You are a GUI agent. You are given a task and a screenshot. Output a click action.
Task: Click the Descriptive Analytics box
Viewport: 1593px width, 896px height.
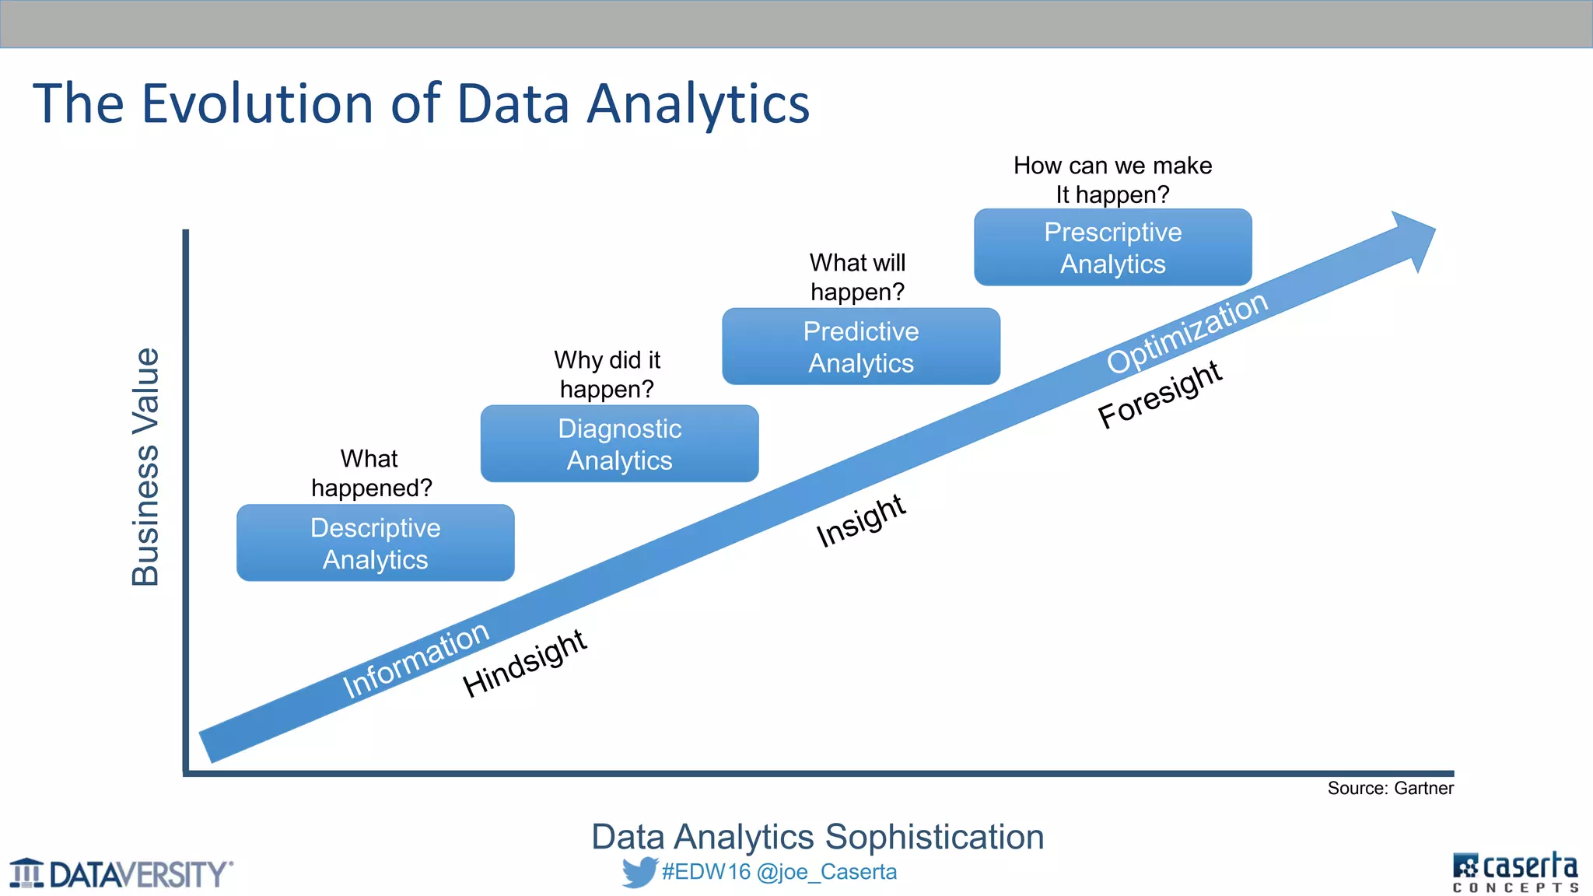375,543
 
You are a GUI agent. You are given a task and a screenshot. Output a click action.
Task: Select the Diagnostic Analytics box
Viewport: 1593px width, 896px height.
619,443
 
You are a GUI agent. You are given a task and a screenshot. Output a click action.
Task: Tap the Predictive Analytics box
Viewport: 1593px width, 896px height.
860,346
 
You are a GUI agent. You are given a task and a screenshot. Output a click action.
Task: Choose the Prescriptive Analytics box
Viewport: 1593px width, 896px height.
1112,247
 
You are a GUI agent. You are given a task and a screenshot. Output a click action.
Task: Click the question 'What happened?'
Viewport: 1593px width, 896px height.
371,473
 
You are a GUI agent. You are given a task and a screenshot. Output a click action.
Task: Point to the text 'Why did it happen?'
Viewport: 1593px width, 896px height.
607,374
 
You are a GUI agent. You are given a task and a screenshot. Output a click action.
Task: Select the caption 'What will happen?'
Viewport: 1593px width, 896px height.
857,277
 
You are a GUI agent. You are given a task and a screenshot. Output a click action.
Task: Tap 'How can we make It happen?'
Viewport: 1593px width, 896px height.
1112,180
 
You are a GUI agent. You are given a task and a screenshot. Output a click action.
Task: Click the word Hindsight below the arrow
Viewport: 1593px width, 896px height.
524,663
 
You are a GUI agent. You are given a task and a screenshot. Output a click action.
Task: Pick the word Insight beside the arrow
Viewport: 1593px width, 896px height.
860,520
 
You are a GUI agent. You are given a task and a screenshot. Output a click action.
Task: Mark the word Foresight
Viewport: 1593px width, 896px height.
1160,394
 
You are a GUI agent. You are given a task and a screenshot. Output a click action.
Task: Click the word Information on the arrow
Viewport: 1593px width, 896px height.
416,660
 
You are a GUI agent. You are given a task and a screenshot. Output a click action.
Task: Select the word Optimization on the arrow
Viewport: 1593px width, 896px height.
1187,333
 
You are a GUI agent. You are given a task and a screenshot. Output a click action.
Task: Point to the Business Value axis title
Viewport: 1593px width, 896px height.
145,467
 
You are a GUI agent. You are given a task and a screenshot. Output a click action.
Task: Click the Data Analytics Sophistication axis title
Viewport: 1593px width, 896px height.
817,837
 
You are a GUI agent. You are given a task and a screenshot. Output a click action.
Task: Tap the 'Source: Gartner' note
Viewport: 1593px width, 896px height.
1390,789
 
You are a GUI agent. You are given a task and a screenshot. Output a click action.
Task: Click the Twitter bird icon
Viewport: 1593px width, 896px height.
639,872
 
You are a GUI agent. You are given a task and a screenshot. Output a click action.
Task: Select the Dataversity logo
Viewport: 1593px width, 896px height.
121,873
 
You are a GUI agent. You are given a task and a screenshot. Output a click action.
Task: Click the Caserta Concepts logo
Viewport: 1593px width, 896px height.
1514,873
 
